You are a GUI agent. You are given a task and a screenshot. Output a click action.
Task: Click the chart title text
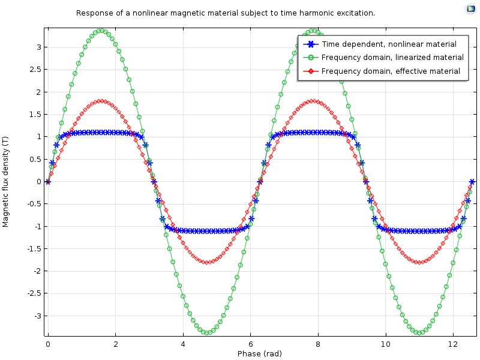pyautogui.click(x=226, y=13)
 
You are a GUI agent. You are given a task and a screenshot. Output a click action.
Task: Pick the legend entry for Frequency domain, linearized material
pyautogui.click(x=392, y=58)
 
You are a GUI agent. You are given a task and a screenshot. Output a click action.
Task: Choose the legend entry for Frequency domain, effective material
pyautogui.click(x=391, y=71)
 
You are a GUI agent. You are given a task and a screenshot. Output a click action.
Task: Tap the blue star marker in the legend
pyautogui.click(x=310, y=44)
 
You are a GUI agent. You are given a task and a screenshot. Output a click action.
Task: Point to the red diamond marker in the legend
pyautogui.click(x=310, y=71)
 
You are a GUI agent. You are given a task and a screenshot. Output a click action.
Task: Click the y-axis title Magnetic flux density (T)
pyautogui.click(x=6, y=181)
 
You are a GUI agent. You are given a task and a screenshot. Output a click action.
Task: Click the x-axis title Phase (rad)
pyautogui.click(x=259, y=353)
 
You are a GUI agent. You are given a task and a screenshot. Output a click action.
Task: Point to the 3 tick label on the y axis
pyautogui.click(x=38, y=47)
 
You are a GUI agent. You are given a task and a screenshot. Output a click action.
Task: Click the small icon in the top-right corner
pyautogui.click(x=470, y=8)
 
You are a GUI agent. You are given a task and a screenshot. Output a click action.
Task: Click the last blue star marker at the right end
pyautogui.click(x=472, y=181)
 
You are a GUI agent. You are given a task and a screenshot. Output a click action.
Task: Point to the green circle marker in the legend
pyautogui.click(x=310, y=58)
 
